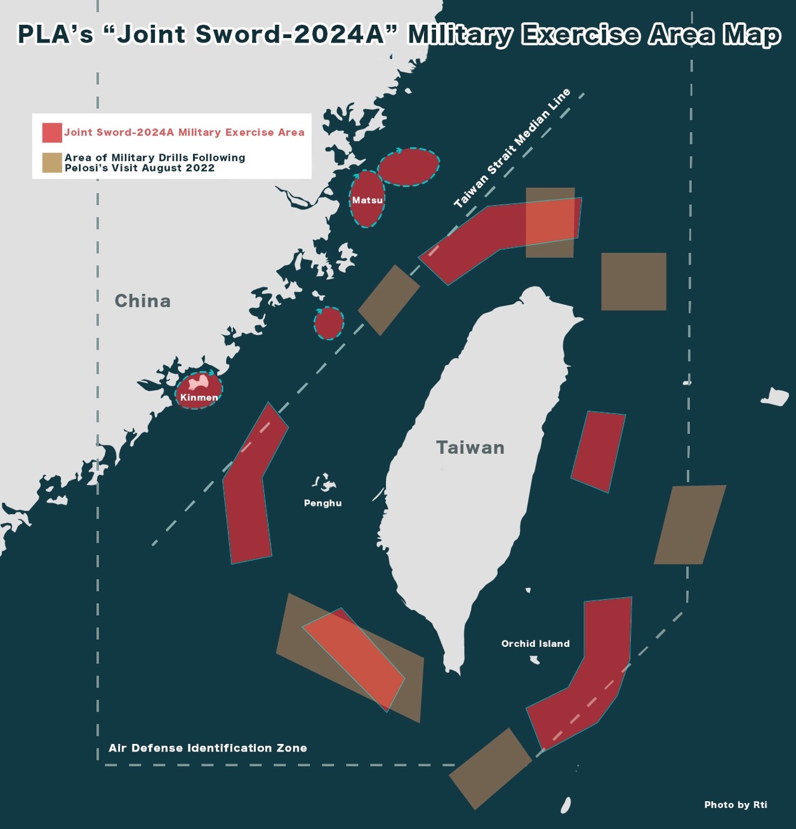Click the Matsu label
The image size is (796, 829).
click(368, 200)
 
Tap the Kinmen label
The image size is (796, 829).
click(199, 397)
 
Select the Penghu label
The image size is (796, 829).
click(322, 503)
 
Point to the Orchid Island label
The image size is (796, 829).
click(535, 643)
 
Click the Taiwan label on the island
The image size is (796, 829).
click(470, 448)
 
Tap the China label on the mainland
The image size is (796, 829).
click(142, 301)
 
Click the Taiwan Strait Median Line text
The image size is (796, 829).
click(512, 149)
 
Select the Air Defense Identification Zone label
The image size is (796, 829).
click(208, 748)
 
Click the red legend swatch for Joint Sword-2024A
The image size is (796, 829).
click(52, 132)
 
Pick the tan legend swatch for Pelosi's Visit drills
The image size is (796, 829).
click(52, 162)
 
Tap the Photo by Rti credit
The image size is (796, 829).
click(735, 804)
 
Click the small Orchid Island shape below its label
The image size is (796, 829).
click(535, 660)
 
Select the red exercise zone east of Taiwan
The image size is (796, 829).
click(598, 451)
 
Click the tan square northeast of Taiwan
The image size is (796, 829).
click(633, 281)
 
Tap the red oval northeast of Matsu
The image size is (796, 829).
click(408, 167)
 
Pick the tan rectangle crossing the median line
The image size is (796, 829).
click(388, 300)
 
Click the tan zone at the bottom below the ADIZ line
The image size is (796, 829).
click(490, 769)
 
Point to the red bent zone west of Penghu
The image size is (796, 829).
click(251, 489)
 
